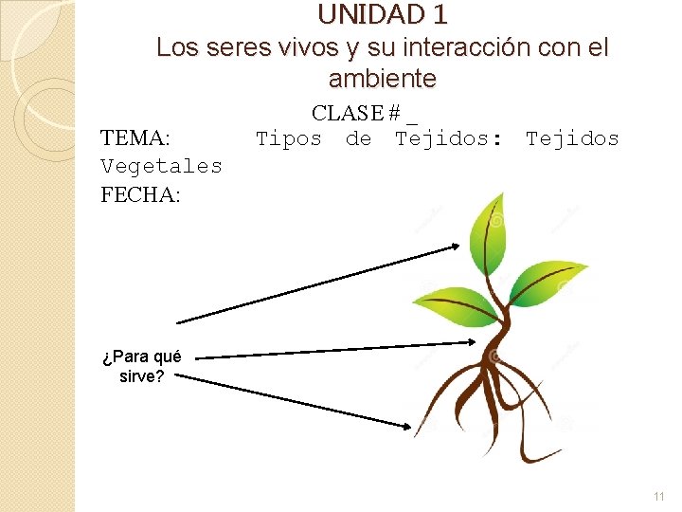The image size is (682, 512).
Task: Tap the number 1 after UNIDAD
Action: (x=439, y=15)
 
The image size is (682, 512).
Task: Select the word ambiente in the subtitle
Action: (x=383, y=78)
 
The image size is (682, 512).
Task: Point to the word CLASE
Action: (x=347, y=114)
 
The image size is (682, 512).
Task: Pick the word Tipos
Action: (x=289, y=139)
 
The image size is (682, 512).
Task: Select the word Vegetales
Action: (x=162, y=166)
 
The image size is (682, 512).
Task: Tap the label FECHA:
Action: (x=140, y=194)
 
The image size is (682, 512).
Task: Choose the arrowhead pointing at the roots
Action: (x=403, y=426)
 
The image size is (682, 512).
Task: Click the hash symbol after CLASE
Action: (x=392, y=114)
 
